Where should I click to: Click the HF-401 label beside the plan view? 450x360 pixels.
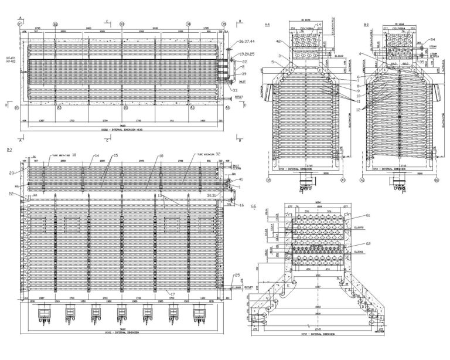pyautogui.click(x=10, y=58)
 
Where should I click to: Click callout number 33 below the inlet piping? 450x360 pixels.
pyautogui.click(x=236, y=91)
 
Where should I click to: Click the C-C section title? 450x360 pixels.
pyautogui.click(x=253, y=208)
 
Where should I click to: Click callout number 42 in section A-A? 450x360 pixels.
pyautogui.click(x=279, y=40)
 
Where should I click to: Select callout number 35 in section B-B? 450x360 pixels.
pyautogui.click(x=422, y=60)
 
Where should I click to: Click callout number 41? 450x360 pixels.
pyautogui.click(x=241, y=179)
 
